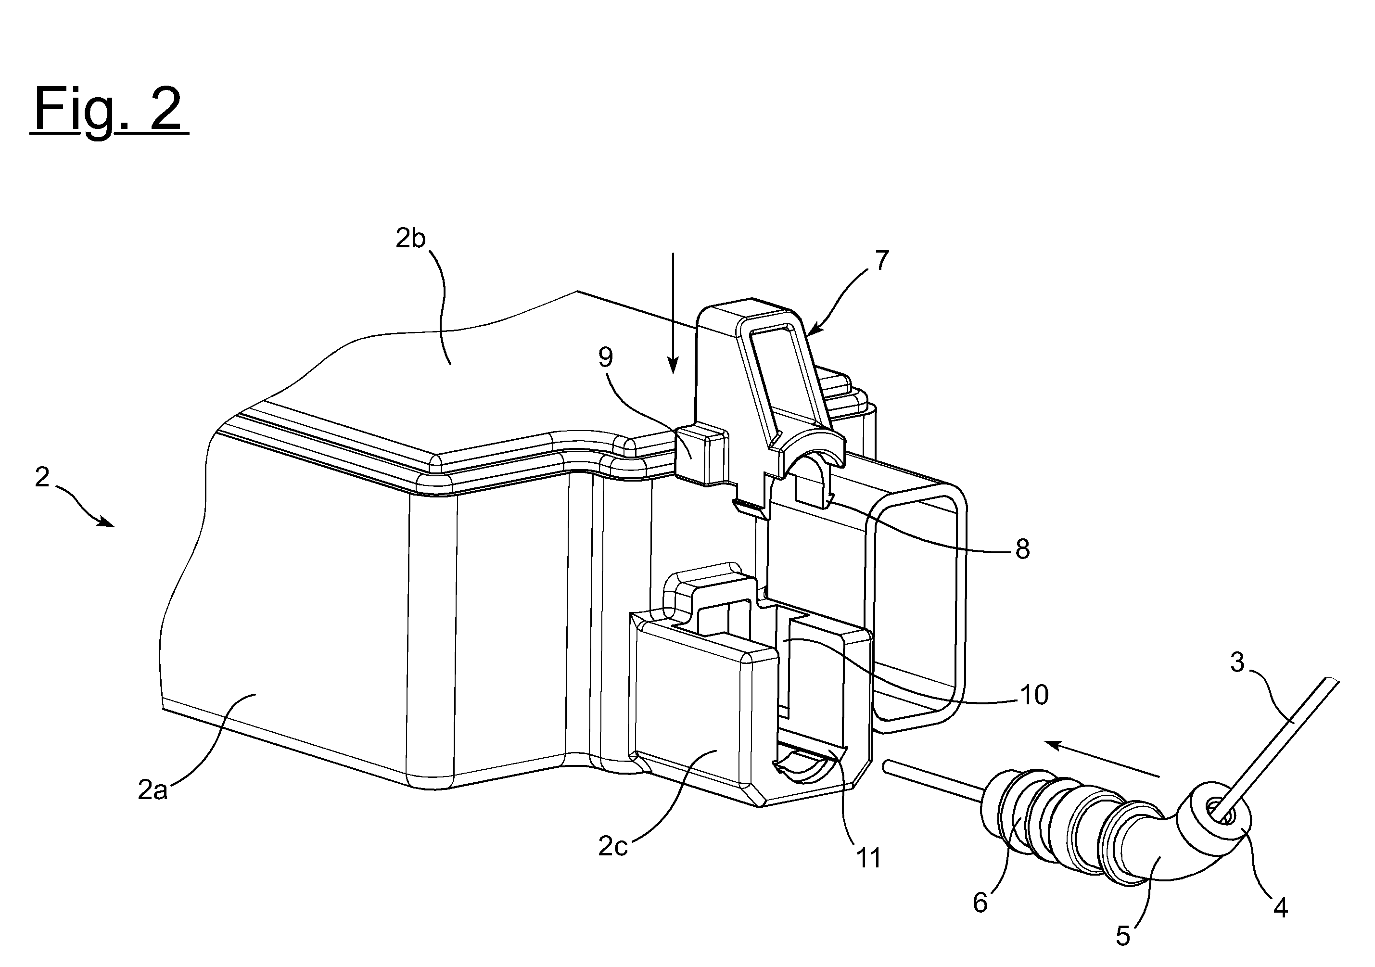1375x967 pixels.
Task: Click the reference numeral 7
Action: click(x=882, y=261)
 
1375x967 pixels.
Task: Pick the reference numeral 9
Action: click(x=606, y=357)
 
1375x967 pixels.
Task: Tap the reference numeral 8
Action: click(x=1022, y=549)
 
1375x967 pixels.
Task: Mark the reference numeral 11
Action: click(x=869, y=859)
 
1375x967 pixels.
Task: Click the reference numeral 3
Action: click(x=1237, y=662)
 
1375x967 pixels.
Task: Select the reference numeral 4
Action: click(x=1280, y=909)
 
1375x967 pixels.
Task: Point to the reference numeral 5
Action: click(x=1123, y=936)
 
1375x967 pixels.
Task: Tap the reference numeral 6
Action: click(x=980, y=903)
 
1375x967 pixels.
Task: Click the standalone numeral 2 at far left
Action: click(x=42, y=478)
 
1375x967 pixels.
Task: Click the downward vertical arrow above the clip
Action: click(x=673, y=313)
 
